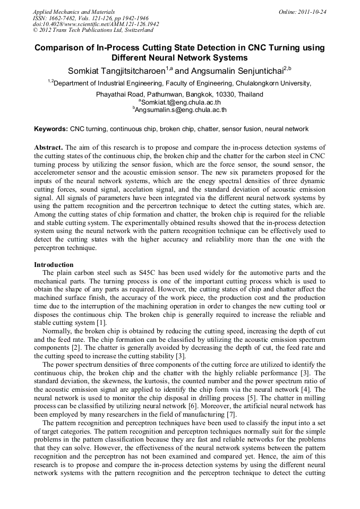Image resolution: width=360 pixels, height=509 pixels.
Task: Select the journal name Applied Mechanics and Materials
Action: point(74,12)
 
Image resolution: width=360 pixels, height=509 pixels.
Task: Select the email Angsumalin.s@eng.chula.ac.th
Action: point(181,110)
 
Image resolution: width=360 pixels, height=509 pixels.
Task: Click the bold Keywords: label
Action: point(51,129)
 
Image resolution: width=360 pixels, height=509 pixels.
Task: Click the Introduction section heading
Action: point(54,264)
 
